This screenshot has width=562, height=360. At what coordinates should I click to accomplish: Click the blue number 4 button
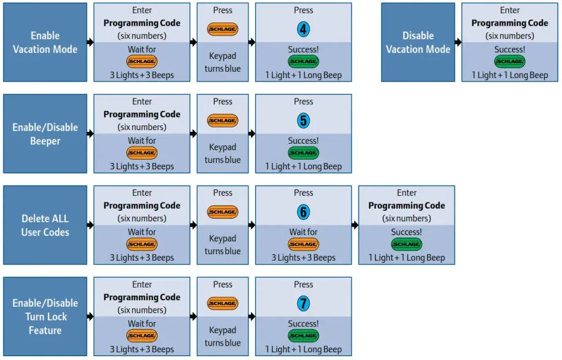[x=303, y=30]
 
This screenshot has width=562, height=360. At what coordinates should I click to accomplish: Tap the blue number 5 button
[x=303, y=121]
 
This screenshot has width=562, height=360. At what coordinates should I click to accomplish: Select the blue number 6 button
[x=303, y=212]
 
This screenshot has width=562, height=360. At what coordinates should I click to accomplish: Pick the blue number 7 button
[x=303, y=303]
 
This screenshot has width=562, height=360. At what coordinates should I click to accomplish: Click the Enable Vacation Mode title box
[x=45, y=42]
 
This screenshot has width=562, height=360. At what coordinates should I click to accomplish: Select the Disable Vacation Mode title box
[x=418, y=42]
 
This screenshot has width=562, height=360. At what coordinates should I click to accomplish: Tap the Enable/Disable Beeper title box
[x=45, y=134]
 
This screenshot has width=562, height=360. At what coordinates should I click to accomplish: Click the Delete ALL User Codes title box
[x=45, y=225]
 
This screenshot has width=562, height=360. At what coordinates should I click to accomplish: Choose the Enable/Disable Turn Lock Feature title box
[x=45, y=317]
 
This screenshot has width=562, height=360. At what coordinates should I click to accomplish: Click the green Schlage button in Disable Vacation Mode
[x=510, y=61]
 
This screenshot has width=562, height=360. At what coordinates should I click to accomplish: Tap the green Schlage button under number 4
[x=303, y=61]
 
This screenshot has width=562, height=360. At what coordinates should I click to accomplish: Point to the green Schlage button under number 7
[x=303, y=336]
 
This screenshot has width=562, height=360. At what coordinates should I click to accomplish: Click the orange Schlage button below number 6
[x=303, y=245]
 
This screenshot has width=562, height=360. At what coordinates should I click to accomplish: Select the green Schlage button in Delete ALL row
[x=407, y=245]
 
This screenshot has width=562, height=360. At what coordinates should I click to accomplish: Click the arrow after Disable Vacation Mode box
[x=458, y=42]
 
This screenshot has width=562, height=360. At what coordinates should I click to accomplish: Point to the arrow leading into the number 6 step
[x=251, y=225]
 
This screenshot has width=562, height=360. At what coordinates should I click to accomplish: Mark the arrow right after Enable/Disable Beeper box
[x=90, y=134]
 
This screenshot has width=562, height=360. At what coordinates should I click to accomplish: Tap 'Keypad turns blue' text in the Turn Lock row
[x=223, y=336]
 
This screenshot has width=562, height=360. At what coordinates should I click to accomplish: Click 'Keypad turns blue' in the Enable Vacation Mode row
[x=223, y=62]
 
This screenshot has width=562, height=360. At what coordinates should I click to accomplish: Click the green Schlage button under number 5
[x=303, y=153]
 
